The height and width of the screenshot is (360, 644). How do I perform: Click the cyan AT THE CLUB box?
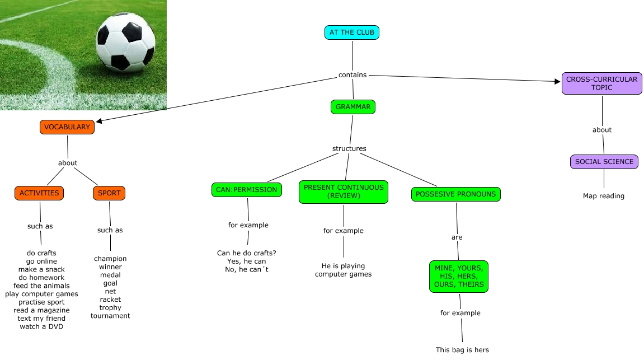(352, 32)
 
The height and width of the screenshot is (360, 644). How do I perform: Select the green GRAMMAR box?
(352, 106)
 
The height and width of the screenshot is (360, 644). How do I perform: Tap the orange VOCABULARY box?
(67, 127)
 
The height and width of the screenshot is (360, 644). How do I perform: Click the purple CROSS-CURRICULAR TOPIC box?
(601, 83)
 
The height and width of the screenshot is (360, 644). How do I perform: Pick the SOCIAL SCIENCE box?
(604, 162)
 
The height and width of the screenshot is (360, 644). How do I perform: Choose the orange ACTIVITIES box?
(39, 193)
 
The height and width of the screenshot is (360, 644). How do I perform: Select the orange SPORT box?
(109, 193)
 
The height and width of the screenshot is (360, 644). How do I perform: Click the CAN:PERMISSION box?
(247, 190)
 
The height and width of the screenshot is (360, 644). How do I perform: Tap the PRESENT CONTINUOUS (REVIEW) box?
(344, 192)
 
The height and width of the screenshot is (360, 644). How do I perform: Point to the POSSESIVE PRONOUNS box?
(456, 194)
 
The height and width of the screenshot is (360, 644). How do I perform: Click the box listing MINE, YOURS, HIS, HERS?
(459, 277)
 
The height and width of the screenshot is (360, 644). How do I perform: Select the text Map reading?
(603, 196)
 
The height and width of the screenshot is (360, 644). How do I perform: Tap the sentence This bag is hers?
(462, 350)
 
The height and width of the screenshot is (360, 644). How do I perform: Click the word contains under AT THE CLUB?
(352, 75)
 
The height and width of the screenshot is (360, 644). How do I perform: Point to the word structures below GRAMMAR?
(349, 148)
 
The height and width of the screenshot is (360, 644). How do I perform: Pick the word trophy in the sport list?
(110, 307)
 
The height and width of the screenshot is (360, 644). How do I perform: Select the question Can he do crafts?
(247, 253)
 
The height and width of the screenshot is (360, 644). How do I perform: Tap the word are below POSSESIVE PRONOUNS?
(457, 237)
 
